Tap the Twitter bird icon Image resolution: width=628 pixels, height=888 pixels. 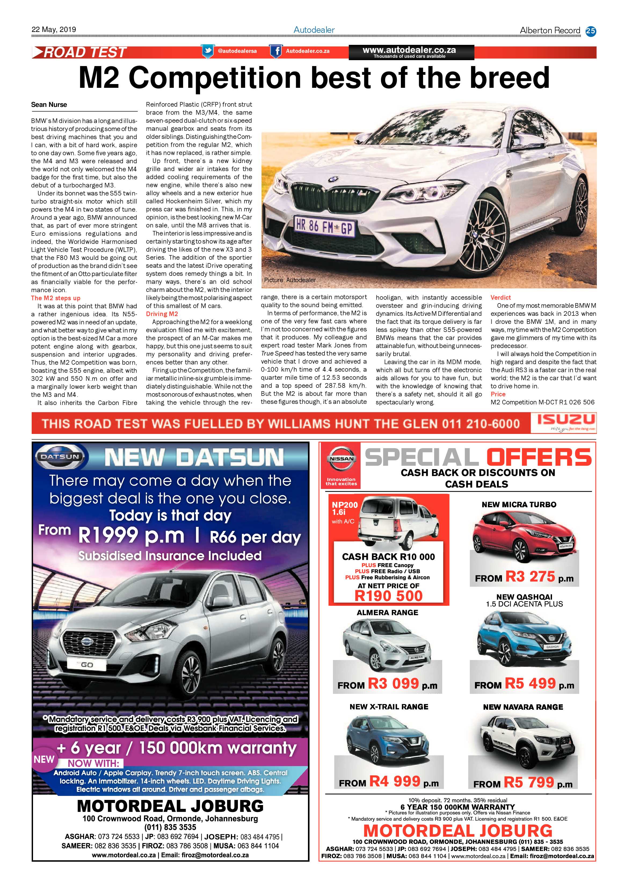208,51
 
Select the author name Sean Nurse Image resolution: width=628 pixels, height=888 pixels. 49,105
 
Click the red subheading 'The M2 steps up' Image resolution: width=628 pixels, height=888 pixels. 56,298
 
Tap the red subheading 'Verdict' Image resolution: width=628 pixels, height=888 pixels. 500,298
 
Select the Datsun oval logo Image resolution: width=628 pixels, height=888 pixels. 60,457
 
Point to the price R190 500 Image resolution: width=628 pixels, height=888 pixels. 388,596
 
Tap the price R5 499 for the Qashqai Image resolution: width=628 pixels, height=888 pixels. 531,684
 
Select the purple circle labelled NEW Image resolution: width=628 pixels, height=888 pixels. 44,760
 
